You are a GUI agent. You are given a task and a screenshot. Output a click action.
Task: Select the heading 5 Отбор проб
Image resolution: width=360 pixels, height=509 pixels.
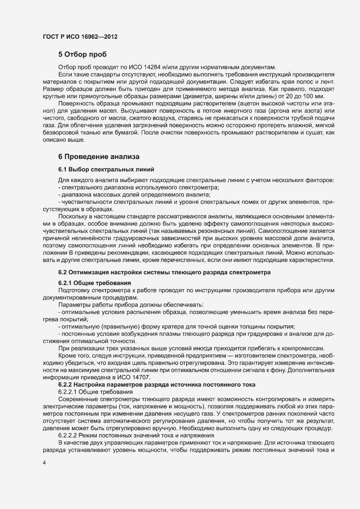point(82,55)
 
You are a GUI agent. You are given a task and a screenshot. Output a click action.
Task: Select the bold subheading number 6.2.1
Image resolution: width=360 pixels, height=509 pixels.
point(67,283)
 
